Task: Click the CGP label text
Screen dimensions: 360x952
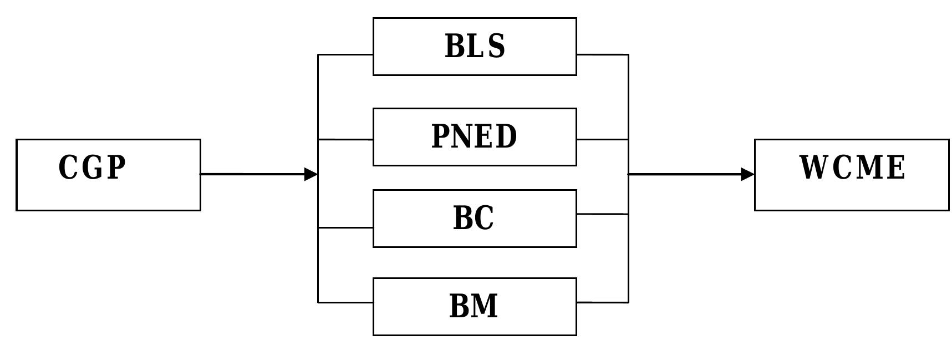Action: point(93,168)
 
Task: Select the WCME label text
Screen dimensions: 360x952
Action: point(852,168)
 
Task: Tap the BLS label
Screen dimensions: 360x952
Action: point(475,47)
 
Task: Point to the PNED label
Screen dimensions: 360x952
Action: point(475,137)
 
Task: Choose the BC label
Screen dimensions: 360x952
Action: point(474,218)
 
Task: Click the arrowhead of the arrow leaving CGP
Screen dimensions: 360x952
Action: point(311,174)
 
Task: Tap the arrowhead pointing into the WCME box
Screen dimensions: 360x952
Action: point(747,174)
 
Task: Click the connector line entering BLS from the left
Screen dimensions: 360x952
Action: point(345,54)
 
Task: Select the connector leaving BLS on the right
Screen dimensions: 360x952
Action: point(603,54)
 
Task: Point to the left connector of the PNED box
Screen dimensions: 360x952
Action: point(345,139)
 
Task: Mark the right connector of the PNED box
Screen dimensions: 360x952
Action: point(603,139)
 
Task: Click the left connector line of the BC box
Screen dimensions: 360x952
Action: point(345,227)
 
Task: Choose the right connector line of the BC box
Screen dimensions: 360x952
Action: point(603,214)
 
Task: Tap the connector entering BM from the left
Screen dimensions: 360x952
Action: point(345,302)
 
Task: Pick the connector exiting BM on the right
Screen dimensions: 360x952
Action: point(603,302)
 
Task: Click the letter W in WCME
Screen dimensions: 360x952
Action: point(813,168)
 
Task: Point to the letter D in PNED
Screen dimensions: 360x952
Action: point(506,137)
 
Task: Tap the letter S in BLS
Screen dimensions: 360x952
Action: point(497,47)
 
